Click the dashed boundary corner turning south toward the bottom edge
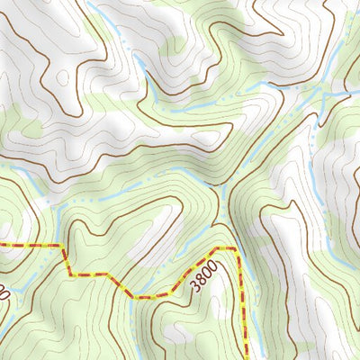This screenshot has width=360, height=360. coord(238,249)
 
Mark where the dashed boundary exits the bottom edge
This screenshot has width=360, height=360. coord(244,358)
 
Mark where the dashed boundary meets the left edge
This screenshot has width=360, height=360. coord(1,245)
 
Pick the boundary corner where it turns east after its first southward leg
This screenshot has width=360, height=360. coord(69,274)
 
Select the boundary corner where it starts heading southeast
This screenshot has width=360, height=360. coord(106,274)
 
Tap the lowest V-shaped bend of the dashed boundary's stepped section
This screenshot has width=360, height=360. coord(135,295)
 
